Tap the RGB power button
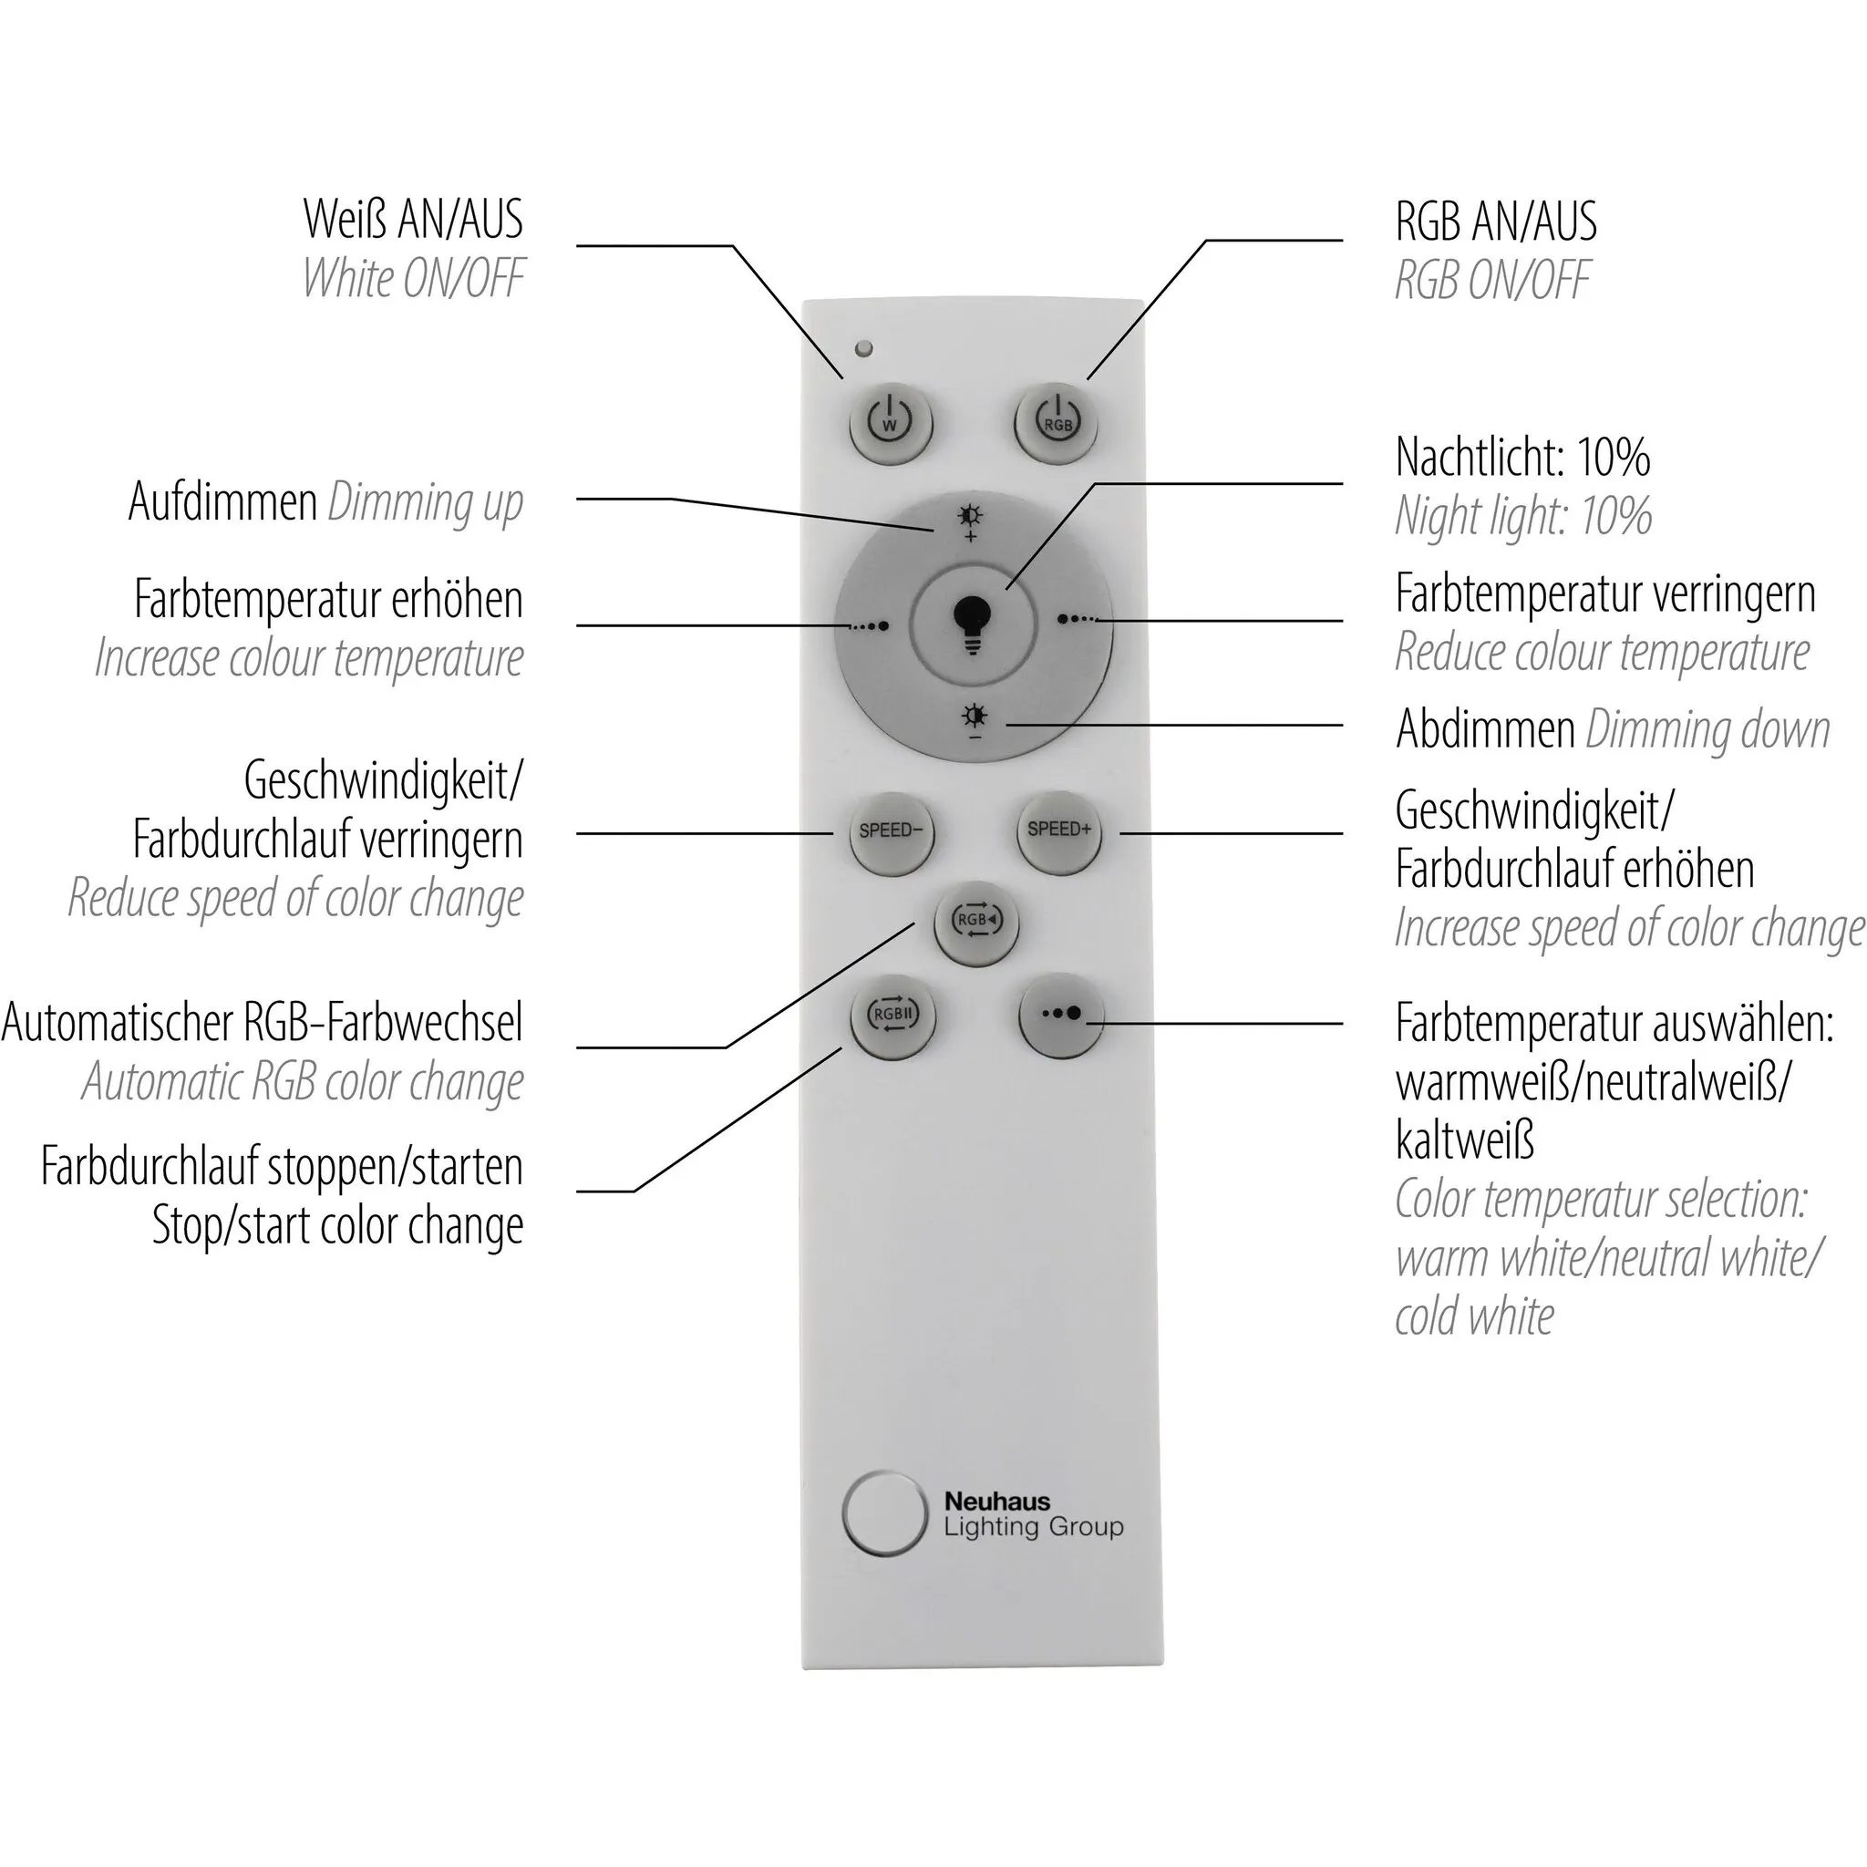(x=1057, y=423)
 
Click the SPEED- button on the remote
(x=891, y=832)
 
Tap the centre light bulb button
(x=973, y=625)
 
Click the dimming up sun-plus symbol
(x=970, y=521)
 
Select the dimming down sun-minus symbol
(x=975, y=722)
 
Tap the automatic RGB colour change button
(x=976, y=921)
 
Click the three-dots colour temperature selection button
(x=1061, y=1015)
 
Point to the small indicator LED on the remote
(x=864, y=348)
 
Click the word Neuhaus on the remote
(x=996, y=1501)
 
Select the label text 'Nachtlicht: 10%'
(x=1523, y=457)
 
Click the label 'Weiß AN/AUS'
(x=414, y=220)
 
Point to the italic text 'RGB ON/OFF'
(x=1492, y=280)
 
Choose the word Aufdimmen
(x=223, y=501)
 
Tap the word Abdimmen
(x=1485, y=728)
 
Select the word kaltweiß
(x=1465, y=1140)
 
